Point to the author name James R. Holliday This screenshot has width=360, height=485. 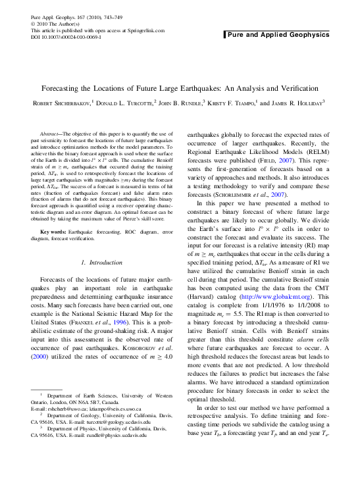(x=297, y=103)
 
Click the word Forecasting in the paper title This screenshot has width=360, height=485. (x=66, y=88)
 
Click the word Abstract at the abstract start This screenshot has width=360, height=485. (x=51, y=134)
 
